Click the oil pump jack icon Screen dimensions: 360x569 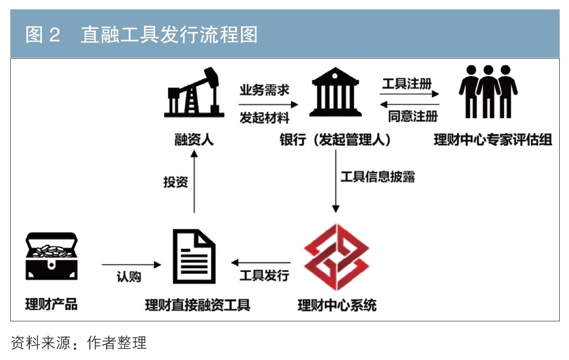(x=192, y=93)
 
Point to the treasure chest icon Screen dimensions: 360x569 (x=51, y=256)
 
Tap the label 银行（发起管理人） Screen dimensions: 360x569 (x=335, y=140)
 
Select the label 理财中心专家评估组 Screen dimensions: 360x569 (x=493, y=140)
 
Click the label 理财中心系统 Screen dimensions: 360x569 (x=337, y=306)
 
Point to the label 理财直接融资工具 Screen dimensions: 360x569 (x=197, y=306)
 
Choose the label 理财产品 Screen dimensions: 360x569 (x=51, y=306)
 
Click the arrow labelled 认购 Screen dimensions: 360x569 (x=131, y=265)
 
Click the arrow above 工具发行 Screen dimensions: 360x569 (x=262, y=263)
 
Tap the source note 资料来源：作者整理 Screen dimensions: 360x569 (x=79, y=343)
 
